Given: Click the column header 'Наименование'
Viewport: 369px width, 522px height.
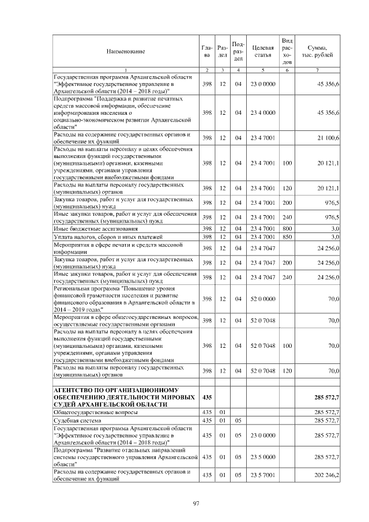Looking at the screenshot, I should [x=125, y=52].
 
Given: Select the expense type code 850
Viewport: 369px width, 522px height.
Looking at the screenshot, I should [x=287, y=237].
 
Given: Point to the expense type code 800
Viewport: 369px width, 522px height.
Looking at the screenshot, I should [x=287, y=229].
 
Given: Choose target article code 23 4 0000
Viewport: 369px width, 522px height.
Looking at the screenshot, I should [x=262, y=112].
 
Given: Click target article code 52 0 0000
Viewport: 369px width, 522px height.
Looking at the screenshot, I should [x=262, y=299].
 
